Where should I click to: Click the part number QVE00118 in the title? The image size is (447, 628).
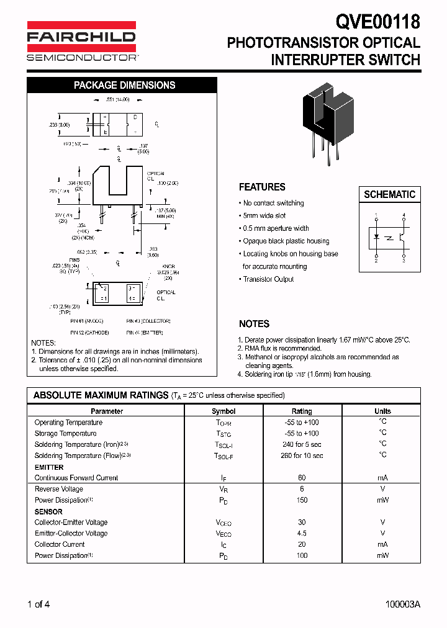[378, 22]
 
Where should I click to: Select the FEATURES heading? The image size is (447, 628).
[262, 187]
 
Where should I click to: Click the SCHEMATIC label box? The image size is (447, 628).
[389, 194]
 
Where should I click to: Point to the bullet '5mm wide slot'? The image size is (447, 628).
[264, 215]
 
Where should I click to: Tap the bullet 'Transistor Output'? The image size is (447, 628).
[268, 279]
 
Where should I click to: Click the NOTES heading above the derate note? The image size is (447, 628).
[254, 324]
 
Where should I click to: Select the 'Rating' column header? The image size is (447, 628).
[302, 411]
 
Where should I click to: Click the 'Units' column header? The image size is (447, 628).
[382, 411]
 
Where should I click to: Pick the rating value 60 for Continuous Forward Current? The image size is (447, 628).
[302, 478]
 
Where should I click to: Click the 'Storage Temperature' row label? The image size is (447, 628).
[65, 433]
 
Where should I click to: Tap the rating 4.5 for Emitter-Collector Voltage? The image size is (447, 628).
[302, 533]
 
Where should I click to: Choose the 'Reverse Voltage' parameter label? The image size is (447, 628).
[59, 489]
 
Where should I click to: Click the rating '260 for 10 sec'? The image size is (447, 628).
[302, 455]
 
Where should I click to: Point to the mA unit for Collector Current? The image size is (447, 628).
[382, 544]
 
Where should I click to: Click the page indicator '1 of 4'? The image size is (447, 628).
[38, 604]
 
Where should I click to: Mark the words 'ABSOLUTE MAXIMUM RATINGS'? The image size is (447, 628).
[101, 395]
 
